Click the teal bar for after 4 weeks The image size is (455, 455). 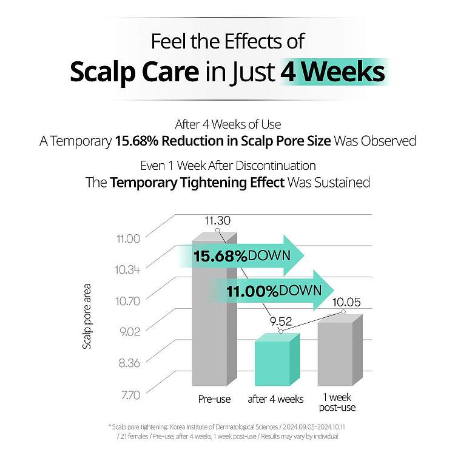(277, 360)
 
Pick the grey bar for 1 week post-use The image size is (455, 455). (340, 350)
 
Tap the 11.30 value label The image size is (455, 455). (217, 221)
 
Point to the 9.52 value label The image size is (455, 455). (281, 322)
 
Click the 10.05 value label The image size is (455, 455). (346, 302)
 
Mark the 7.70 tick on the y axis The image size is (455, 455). (130, 395)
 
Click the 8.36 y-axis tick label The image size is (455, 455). (129, 363)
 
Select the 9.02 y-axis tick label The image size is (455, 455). (130, 331)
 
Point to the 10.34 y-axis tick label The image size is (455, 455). (127, 269)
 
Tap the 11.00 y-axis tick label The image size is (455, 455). (128, 239)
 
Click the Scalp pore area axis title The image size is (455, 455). (87, 316)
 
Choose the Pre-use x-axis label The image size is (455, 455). (214, 399)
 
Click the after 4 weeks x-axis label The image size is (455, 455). (275, 399)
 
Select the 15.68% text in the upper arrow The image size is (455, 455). (220, 256)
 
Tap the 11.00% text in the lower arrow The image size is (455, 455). (252, 291)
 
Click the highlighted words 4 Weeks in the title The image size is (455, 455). (332, 72)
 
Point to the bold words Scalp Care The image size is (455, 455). (134, 73)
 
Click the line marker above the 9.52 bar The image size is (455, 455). (281, 331)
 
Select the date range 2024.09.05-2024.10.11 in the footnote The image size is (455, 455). (314, 427)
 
